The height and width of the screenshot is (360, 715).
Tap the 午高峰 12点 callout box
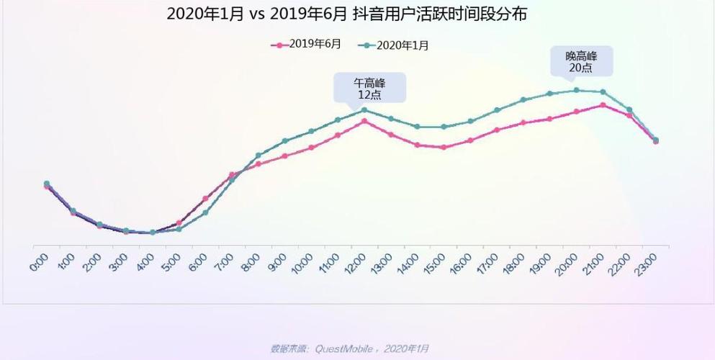coord(369,89)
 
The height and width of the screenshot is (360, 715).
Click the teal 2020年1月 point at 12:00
coord(364,109)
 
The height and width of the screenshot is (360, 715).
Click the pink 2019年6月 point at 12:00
coord(364,121)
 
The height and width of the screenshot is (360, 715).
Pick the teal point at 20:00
coord(576,90)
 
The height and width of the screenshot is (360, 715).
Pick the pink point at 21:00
coord(603,105)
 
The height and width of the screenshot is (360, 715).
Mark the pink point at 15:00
coord(444,148)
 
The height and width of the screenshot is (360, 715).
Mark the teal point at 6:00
coord(205,212)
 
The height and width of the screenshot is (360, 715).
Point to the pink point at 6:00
coord(205,199)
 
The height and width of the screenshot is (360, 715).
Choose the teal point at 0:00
coord(47,184)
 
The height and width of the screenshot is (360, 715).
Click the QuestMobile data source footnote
coord(349,348)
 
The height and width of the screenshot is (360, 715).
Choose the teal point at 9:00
coord(285,140)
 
